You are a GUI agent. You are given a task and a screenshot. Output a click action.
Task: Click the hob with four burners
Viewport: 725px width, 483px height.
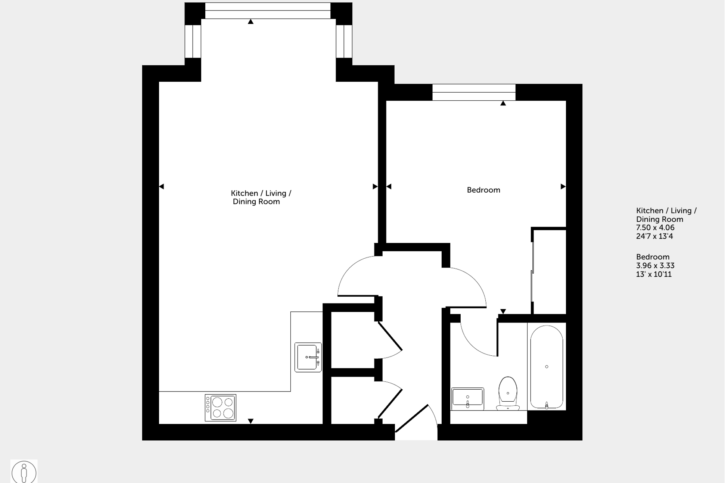221,408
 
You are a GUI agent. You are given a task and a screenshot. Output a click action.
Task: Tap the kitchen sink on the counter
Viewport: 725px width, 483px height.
308,357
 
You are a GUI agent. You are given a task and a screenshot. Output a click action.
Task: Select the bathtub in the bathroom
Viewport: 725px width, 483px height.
547,367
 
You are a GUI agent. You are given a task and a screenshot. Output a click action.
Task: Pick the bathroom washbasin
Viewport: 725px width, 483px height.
467,398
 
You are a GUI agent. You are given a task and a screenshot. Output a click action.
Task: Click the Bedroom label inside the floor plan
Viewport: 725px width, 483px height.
483,190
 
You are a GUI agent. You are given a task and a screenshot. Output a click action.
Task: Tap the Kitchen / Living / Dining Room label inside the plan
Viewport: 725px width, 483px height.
261,197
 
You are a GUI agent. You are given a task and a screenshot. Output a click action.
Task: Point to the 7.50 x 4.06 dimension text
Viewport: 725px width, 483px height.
655,228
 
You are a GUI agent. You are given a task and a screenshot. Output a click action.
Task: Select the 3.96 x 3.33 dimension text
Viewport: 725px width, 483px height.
655,266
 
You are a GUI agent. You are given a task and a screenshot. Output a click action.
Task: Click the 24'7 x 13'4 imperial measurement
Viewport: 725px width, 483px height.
654,236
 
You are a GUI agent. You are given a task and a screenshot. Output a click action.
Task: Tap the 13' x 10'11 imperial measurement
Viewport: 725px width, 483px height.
654,274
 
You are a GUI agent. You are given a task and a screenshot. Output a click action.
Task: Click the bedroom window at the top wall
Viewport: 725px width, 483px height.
474,92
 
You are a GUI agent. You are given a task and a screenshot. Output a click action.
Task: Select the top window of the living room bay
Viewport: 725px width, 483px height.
268,11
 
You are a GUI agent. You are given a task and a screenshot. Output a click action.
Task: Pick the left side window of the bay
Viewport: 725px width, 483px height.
193,41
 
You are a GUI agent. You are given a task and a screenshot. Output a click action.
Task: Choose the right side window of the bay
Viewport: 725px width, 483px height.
344,41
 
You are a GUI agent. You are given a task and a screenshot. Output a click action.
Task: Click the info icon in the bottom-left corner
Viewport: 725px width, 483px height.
24,472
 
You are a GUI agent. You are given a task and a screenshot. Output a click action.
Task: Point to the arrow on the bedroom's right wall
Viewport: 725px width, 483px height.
563,187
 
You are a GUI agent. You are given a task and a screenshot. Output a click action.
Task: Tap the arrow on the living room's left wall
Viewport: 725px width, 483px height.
162,187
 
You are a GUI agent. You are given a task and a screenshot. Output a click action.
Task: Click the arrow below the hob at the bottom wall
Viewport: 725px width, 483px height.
251,421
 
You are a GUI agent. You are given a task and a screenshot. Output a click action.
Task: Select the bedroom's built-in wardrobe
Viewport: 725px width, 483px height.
549,271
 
